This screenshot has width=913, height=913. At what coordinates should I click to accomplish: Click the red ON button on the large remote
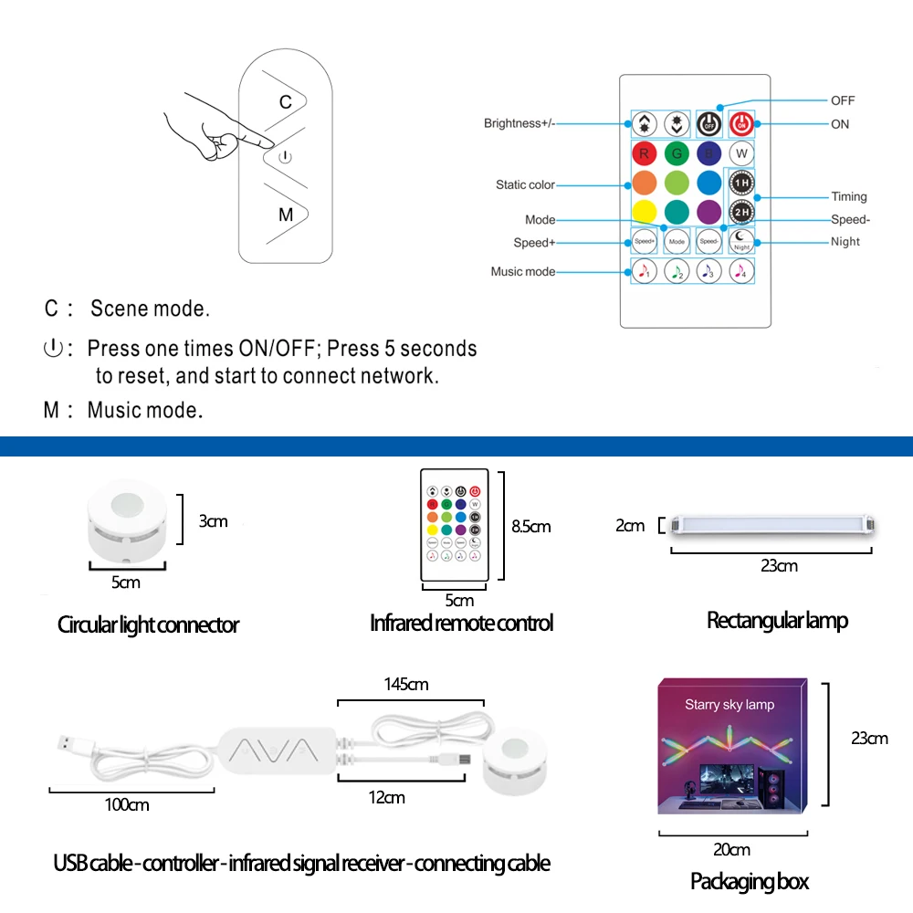click(x=741, y=123)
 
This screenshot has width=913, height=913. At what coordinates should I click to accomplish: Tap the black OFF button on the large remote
click(x=708, y=123)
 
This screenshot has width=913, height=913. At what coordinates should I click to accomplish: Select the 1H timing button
click(x=741, y=184)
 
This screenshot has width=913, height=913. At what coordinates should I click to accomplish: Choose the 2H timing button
click(x=741, y=212)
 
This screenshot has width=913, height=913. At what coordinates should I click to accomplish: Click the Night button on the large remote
click(x=741, y=241)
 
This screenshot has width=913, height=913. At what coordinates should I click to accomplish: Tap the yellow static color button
click(x=645, y=212)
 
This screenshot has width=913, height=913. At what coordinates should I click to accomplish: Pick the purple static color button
click(x=708, y=212)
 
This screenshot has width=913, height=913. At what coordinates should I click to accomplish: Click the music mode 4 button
click(x=741, y=270)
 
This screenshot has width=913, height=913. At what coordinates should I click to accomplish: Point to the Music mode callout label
click(x=522, y=272)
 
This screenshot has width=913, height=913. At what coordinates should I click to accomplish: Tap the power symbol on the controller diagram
click(x=285, y=157)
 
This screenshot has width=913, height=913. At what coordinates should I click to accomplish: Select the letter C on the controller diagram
click(x=285, y=101)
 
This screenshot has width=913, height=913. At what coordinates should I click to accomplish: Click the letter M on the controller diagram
click(x=286, y=215)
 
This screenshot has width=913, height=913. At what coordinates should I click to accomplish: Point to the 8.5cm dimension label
click(x=531, y=527)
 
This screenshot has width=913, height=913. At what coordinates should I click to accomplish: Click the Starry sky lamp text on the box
click(x=729, y=705)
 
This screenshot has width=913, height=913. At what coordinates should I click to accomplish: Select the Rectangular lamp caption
click(x=777, y=621)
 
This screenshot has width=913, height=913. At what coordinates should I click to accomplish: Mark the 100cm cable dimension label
click(x=127, y=805)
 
